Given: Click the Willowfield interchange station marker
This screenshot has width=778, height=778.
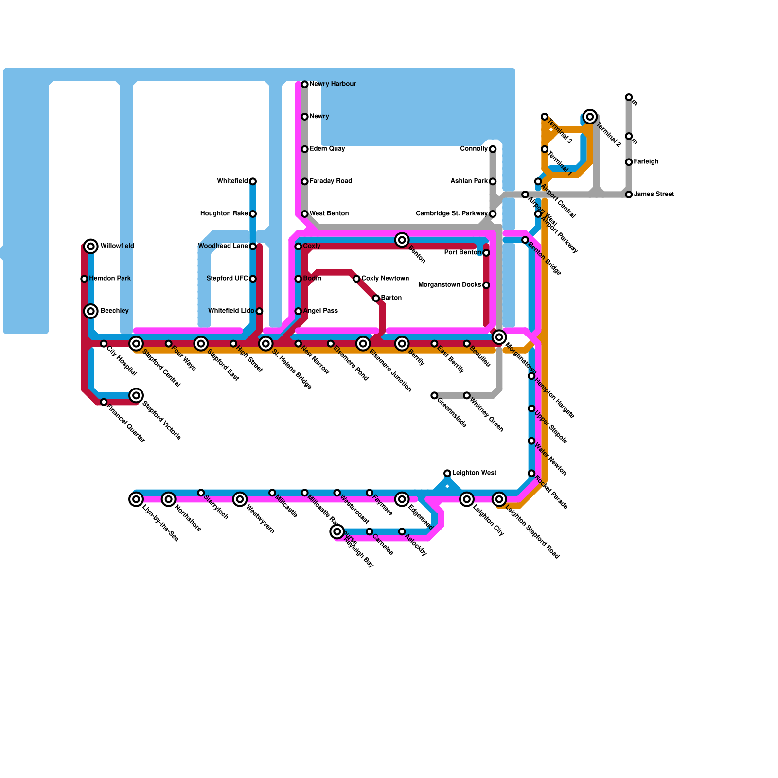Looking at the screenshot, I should point(91,246).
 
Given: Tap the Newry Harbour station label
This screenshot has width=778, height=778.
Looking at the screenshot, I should point(333,84).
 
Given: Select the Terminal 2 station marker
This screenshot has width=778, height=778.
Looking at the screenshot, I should point(590,117).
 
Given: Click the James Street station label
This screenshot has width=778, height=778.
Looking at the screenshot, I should point(654,194).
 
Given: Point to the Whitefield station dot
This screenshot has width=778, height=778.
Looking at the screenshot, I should point(253,181).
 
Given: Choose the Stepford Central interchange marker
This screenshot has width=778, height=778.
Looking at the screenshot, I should point(137,344).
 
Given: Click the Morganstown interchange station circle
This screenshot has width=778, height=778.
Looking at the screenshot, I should point(499,336).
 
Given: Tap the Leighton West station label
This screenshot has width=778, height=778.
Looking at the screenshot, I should point(474,473).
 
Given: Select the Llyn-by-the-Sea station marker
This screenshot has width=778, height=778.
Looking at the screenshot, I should point(137,499).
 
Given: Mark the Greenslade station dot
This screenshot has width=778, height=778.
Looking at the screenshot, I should point(434,396).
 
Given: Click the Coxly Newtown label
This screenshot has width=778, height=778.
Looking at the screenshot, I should point(385,279).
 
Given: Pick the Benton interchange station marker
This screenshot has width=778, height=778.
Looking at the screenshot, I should point(402,240).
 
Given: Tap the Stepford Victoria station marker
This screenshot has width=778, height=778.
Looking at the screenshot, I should point(137,395).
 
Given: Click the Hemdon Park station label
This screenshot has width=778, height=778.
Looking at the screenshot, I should point(110,279).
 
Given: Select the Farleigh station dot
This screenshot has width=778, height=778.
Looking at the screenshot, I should point(629,162).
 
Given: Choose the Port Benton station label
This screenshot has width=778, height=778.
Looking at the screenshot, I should point(463,253).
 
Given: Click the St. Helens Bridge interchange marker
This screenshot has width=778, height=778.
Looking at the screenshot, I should point(265,344).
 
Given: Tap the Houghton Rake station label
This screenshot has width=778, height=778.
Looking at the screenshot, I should point(224,214).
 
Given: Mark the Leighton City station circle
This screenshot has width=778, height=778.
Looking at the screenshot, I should point(467,499).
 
